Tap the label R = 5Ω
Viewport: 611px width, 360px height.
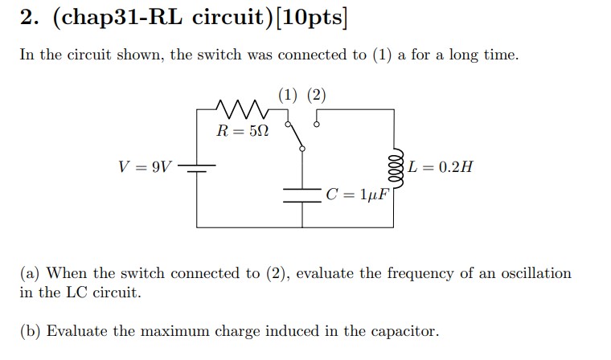click(242, 131)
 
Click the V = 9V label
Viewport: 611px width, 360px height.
click(145, 167)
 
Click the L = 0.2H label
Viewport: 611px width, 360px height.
click(441, 167)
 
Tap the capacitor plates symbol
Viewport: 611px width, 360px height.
click(301, 195)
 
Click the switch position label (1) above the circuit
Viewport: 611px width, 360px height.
click(287, 94)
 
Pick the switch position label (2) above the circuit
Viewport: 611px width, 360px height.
click(316, 94)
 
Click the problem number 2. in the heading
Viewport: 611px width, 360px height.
click(28, 20)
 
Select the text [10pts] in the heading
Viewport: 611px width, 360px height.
click(310, 20)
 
